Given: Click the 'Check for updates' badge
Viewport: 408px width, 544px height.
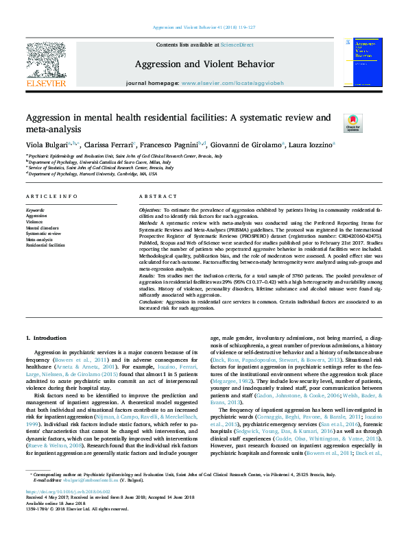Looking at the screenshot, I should (x=352, y=123).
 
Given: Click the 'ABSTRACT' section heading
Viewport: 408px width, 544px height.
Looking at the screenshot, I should (x=153, y=196).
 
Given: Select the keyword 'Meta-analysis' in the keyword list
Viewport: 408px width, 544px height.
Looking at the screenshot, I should (x=39, y=239).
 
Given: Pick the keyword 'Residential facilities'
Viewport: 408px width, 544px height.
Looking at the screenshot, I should (x=45, y=245).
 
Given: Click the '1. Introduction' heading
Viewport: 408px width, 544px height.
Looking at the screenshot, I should (x=46, y=338).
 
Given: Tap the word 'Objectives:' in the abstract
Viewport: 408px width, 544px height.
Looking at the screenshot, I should (x=152, y=208).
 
